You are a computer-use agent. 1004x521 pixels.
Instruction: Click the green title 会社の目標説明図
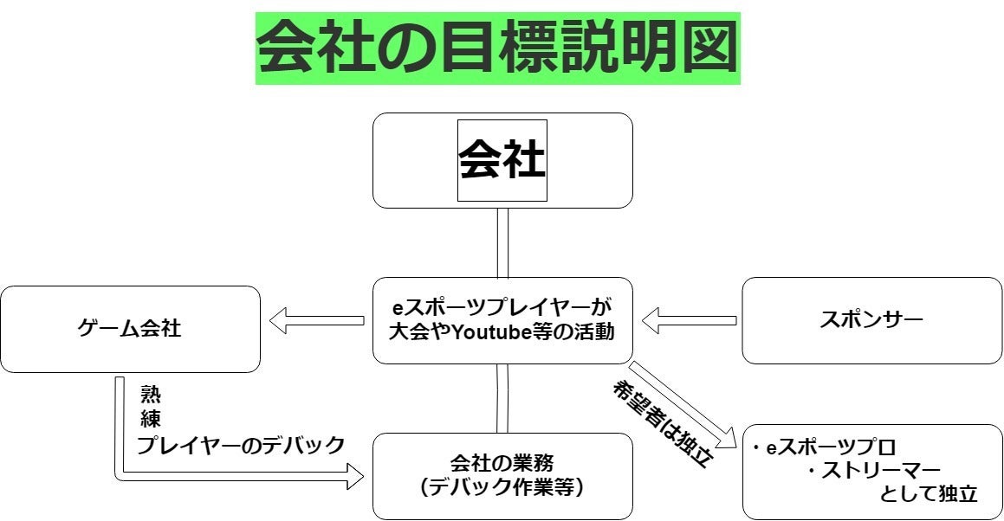point(498,48)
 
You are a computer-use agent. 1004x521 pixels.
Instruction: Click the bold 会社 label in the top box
point(502,160)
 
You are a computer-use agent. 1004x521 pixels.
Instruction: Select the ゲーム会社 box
point(130,329)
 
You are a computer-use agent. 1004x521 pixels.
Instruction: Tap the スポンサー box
point(871,319)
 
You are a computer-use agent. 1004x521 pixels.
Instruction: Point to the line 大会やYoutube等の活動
point(502,331)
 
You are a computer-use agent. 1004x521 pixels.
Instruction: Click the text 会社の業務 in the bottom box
point(502,463)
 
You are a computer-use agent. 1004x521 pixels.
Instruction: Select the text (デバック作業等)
point(502,487)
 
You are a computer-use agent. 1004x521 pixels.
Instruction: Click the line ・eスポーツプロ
point(823,448)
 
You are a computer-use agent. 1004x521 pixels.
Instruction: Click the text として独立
point(928,494)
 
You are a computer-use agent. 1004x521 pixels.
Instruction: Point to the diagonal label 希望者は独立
point(663,424)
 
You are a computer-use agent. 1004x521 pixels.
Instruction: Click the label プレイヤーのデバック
point(241,446)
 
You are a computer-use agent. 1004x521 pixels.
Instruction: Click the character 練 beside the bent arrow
point(149,420)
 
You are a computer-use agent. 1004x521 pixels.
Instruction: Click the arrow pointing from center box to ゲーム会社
point(316,321)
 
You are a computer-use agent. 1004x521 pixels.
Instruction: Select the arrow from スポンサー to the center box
point(689,321)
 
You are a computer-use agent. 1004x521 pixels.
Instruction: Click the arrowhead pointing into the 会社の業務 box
point(353,474)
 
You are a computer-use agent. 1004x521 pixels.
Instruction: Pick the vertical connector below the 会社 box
point(502,242)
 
